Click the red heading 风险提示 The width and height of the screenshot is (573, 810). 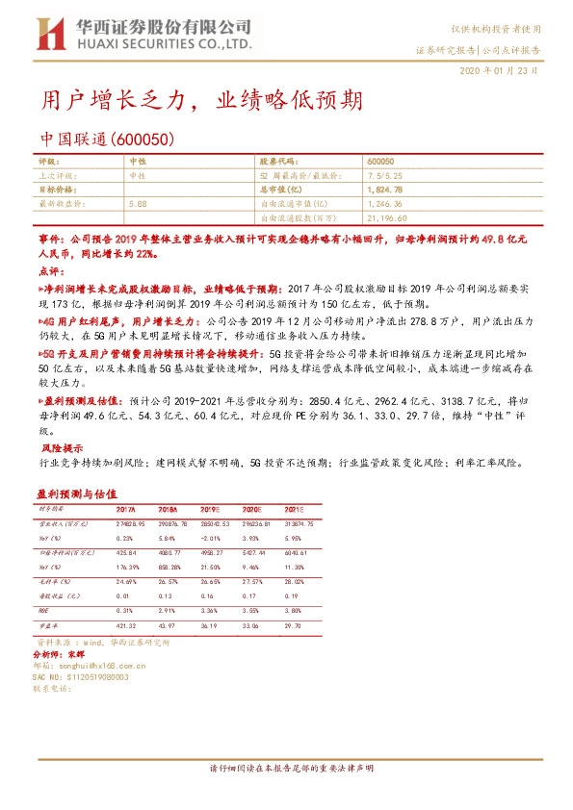[x=61, y=448]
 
